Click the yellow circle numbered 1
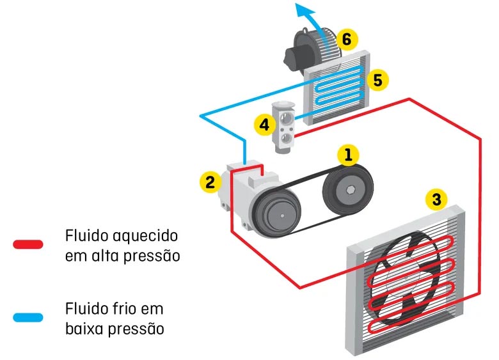coord(348,155)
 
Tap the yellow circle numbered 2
coord(209,182)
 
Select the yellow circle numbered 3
coord(436,200)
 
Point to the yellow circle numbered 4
coord(262,125)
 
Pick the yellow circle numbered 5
coord(378,80)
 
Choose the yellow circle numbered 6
coord(346,39)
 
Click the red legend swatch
coord(28,244)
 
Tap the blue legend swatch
coord(28,317)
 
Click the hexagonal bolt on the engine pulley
coord(349,190)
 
